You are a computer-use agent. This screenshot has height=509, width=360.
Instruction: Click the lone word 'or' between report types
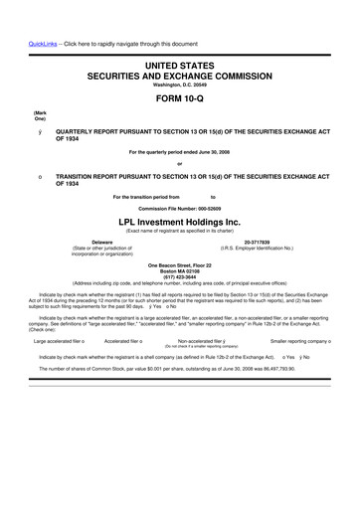tap(180, 163)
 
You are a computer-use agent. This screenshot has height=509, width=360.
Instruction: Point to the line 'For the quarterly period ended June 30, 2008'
tap(180, 151)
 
